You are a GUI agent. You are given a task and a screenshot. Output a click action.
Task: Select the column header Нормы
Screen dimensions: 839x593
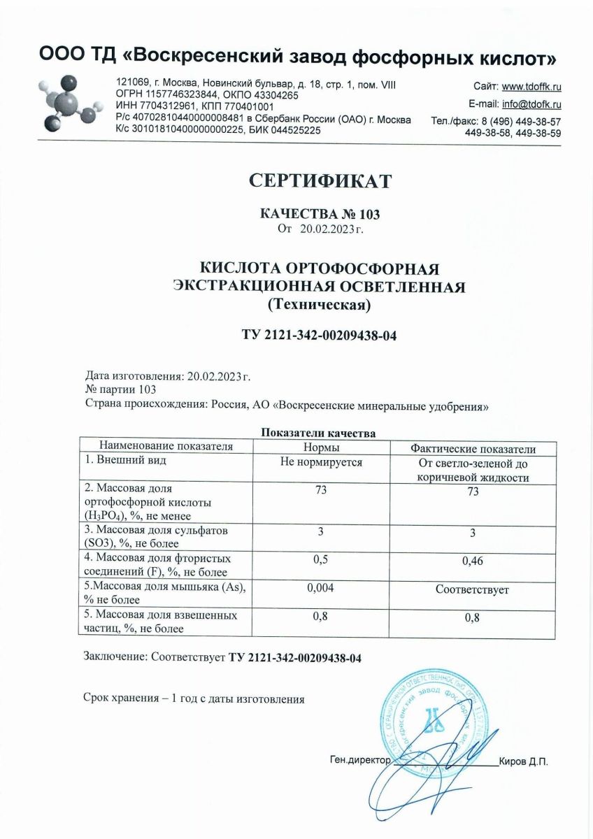click(x=320, y=447)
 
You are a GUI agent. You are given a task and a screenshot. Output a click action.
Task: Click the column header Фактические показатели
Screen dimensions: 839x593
click(x=473, y=448)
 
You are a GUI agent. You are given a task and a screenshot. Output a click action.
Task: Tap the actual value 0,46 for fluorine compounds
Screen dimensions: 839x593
click(x=473, y=561)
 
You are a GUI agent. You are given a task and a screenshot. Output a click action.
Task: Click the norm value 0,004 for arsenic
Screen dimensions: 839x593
click(x=320, y=589)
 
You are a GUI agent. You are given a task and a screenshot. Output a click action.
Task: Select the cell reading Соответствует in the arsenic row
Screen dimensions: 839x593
click(x=473, y=590)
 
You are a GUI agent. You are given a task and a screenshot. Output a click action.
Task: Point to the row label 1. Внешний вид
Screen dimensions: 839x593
click(x=124, y=461)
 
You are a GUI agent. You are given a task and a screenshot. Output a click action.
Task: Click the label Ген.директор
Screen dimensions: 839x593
click(x=359, y=760)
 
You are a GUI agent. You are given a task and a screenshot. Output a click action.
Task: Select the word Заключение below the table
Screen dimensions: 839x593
click(x=113, y=657)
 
